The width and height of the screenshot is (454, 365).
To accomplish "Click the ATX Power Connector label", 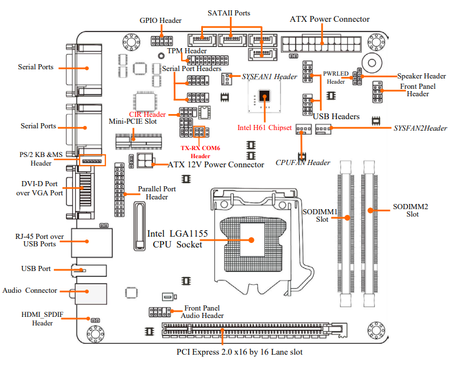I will point(330,19).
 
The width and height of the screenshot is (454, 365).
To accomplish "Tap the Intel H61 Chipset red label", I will point(264,127).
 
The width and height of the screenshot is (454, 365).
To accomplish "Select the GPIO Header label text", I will point(161,21).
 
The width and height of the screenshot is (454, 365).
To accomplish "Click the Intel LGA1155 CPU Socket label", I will point(177,239).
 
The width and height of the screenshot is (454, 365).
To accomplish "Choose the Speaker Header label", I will point(421,76).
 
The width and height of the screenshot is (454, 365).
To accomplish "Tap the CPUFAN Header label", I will point(303,163).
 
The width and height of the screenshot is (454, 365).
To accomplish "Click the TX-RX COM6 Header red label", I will point(200,151).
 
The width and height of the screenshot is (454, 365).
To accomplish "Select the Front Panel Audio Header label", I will point(202,312).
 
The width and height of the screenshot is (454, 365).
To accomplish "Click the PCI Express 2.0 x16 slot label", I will point(240,351).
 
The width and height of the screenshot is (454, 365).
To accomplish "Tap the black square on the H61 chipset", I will point(264,97).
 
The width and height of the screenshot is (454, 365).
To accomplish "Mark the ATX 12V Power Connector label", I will point(216,164).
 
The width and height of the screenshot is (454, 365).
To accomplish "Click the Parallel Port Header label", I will point(157,193).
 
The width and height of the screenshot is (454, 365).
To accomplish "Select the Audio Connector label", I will point(30,291).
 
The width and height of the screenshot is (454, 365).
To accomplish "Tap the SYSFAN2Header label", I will point(420,128).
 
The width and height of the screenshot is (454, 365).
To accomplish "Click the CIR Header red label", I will point(147,115).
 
